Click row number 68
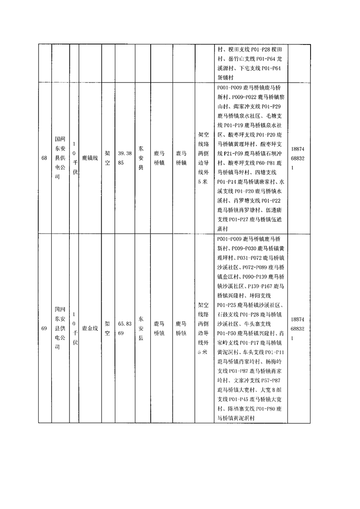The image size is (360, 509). pos(44,158)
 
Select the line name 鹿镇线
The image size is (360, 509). pos(89,158)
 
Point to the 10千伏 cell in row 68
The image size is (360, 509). pos(74,158)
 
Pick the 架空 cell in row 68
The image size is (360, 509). pos(107,158)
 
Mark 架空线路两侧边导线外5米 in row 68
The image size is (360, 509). pos(203,158)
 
